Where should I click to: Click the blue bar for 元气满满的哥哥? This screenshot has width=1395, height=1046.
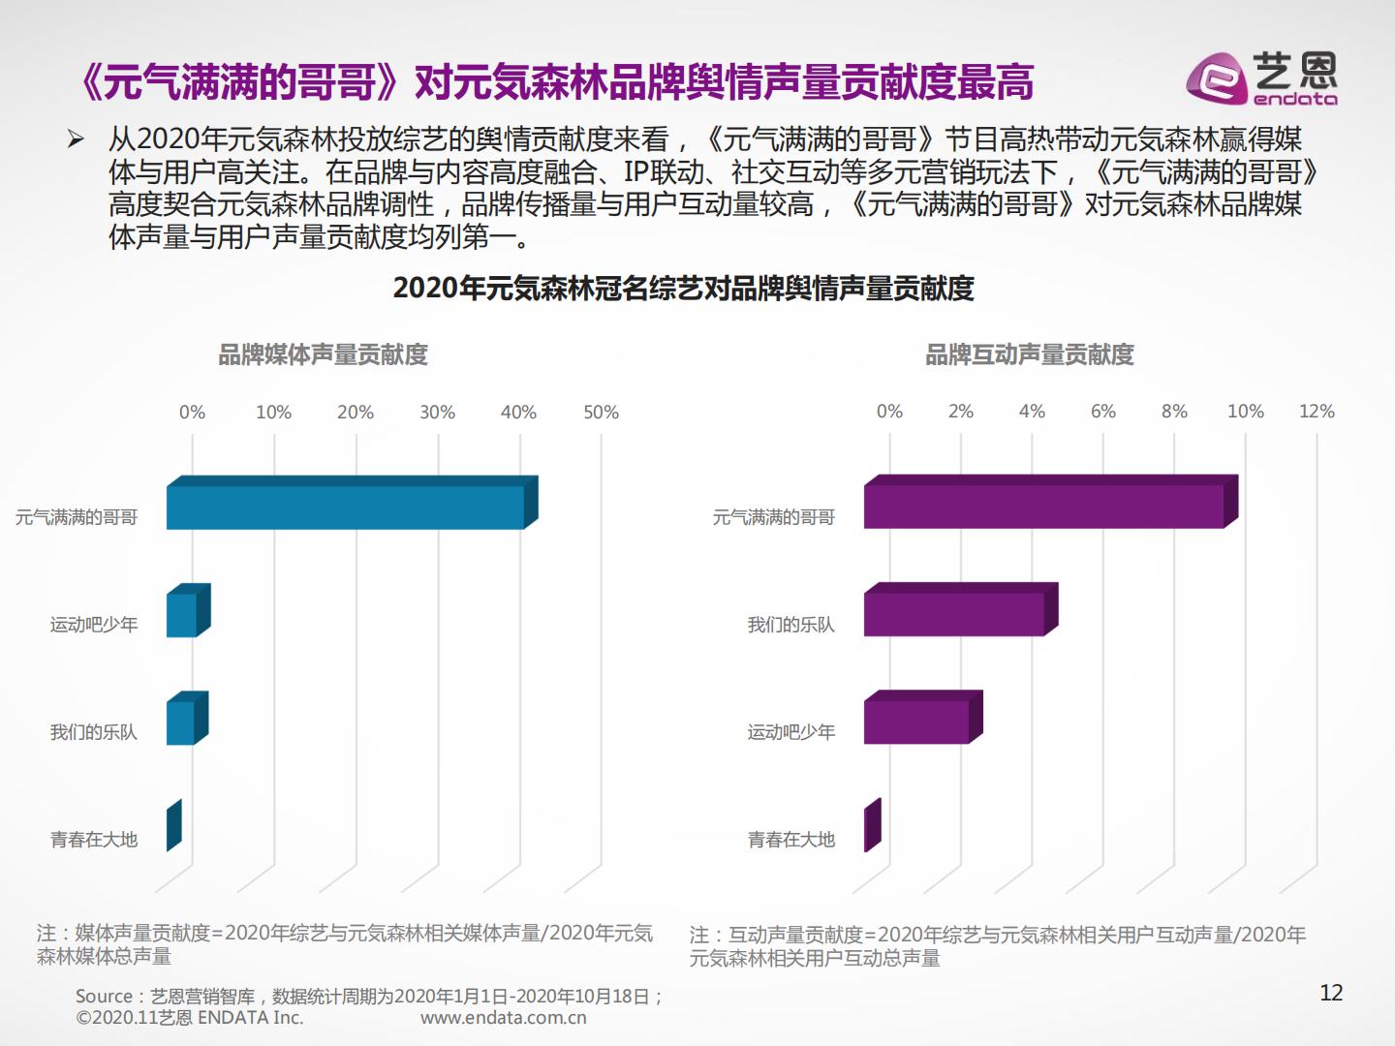tap(345, 508)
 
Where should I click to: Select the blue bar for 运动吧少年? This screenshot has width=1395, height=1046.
tap(181, 615)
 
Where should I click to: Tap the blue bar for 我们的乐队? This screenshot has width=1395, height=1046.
tap(180, 723)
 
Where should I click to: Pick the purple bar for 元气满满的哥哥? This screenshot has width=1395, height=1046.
tap(1043, 507)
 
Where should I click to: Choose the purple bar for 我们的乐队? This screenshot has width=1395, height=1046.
tap(953, 614)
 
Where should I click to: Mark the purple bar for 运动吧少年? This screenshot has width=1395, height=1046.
tap(916, 722)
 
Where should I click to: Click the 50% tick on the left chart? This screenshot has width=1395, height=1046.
tap(601, 413)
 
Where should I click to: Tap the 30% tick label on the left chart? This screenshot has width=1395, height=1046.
tap(437, 413)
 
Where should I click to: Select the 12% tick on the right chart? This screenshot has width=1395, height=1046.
tap(1317, 412)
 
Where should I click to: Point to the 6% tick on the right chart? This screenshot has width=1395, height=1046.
tap(1102, 412)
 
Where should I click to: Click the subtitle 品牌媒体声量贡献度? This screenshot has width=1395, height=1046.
tap(323, 355)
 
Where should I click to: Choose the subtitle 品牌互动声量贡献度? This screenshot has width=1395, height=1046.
tap(1029, 355)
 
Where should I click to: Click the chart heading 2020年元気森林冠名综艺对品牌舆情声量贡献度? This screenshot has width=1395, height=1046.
tap(683, 289)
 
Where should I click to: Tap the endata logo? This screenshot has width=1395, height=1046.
tap(1261, 77)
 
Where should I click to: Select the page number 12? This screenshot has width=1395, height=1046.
tap(1331, 993)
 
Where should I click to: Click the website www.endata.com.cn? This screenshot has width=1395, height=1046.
tap(504, 1018)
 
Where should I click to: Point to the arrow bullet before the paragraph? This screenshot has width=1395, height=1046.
tap(76, 139)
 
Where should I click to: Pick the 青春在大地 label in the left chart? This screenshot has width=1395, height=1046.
tap(94, 840)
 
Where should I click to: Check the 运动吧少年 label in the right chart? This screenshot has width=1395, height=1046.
tap(790, 732)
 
